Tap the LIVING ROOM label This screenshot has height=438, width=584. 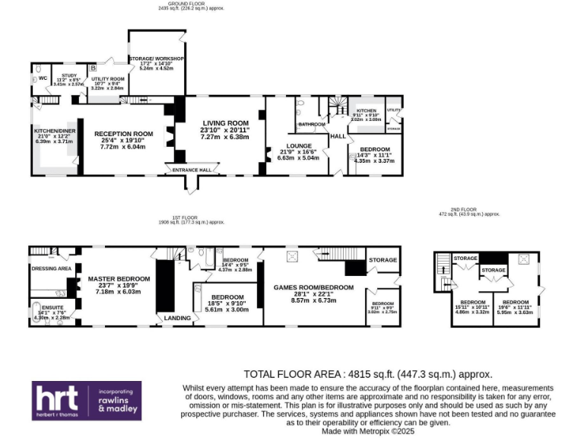tap(225, 122)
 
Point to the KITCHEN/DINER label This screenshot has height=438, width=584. tap(53, 130)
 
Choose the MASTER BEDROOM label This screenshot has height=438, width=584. tap(118, 278)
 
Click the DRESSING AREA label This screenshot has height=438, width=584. tap(51, 268)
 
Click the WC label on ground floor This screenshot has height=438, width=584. tap(43, 77)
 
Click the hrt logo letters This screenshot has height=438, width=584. tap(57, 398)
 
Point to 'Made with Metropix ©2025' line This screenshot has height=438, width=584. tap(369, 430)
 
